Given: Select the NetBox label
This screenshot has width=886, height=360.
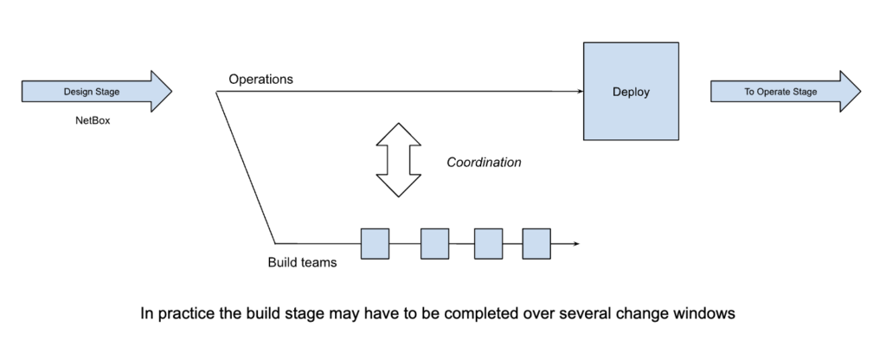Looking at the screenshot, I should pos(93,121).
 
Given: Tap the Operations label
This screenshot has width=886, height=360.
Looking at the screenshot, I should pos(260,80).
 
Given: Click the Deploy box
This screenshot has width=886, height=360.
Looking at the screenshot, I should pos(631,91).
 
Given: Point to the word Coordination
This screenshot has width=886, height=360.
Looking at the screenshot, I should pos(484,162).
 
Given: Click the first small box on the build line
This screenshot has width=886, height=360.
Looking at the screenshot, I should pos(375,244).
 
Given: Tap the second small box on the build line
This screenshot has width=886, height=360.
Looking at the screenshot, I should pos(434,244).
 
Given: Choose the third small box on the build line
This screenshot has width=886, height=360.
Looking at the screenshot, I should pos(488,244).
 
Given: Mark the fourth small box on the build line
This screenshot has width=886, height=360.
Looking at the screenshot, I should pos(536,244).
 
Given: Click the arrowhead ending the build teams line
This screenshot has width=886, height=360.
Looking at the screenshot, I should pos(574,244).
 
